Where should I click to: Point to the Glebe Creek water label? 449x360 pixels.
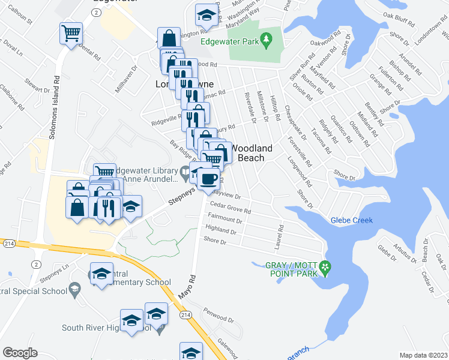[x=352, y=220]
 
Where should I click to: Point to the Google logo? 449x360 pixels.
[x=20, y=353]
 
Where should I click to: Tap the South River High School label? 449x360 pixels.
[x=106, y=328]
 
